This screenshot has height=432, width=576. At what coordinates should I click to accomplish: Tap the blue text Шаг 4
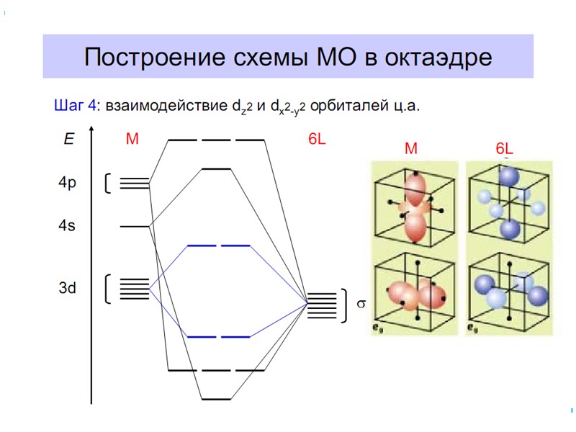(x=75, y=106)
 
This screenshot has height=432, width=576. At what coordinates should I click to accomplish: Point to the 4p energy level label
(x=67, y=183)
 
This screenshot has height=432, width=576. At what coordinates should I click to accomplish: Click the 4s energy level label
(x=66, y=226)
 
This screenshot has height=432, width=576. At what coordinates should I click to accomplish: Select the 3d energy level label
(x=67, y=289)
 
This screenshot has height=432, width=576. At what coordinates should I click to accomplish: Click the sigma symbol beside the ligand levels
(x=361, y=304)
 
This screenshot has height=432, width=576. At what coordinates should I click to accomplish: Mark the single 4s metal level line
(x=135, y=226)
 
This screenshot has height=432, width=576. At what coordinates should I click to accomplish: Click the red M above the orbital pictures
(x=411, y=149)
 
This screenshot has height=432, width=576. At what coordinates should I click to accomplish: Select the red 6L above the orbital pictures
(x=506, y=149)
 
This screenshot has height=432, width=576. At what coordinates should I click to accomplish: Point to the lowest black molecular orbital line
(x=216, y=398)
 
